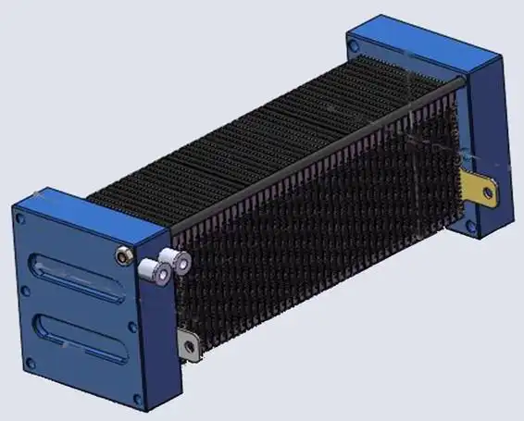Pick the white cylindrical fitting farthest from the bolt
[173, 262]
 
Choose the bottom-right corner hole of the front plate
[138, 399]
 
